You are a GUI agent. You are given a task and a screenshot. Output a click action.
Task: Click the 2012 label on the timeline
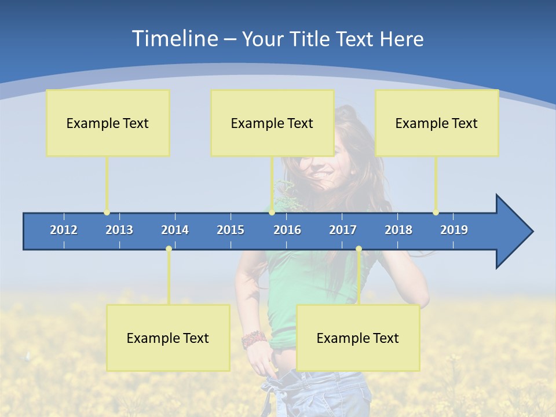click(64, 230)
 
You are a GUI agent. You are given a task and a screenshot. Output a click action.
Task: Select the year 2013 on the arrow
click(119, 230)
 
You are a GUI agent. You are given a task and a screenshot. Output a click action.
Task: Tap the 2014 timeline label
click(175, 230)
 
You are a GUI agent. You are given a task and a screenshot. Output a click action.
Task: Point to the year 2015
click(231, 230)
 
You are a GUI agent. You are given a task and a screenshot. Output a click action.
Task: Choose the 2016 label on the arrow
click(287, 230)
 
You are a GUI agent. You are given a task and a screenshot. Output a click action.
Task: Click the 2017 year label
click(343, 230)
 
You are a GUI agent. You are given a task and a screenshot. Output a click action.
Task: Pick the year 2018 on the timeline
click(398, 230)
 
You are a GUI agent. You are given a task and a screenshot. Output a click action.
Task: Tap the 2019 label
click(454, 230)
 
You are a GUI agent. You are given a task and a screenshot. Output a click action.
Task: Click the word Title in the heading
click(312, 39)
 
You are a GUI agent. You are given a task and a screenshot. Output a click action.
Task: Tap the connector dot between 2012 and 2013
click(107, 213)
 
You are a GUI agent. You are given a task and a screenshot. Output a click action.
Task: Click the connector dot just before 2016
click(272, 213)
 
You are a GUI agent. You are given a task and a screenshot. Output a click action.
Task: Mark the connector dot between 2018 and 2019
click(436, 213)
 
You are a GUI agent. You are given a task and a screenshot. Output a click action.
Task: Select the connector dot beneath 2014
click(169, 249)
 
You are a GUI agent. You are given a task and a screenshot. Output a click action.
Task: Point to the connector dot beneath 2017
click(359, 249)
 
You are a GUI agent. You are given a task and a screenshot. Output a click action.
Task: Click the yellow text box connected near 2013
click(108, 123)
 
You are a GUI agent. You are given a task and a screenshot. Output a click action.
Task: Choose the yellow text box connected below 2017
click(358, 338)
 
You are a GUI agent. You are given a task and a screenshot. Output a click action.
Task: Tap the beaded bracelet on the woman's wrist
click(254, 339)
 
